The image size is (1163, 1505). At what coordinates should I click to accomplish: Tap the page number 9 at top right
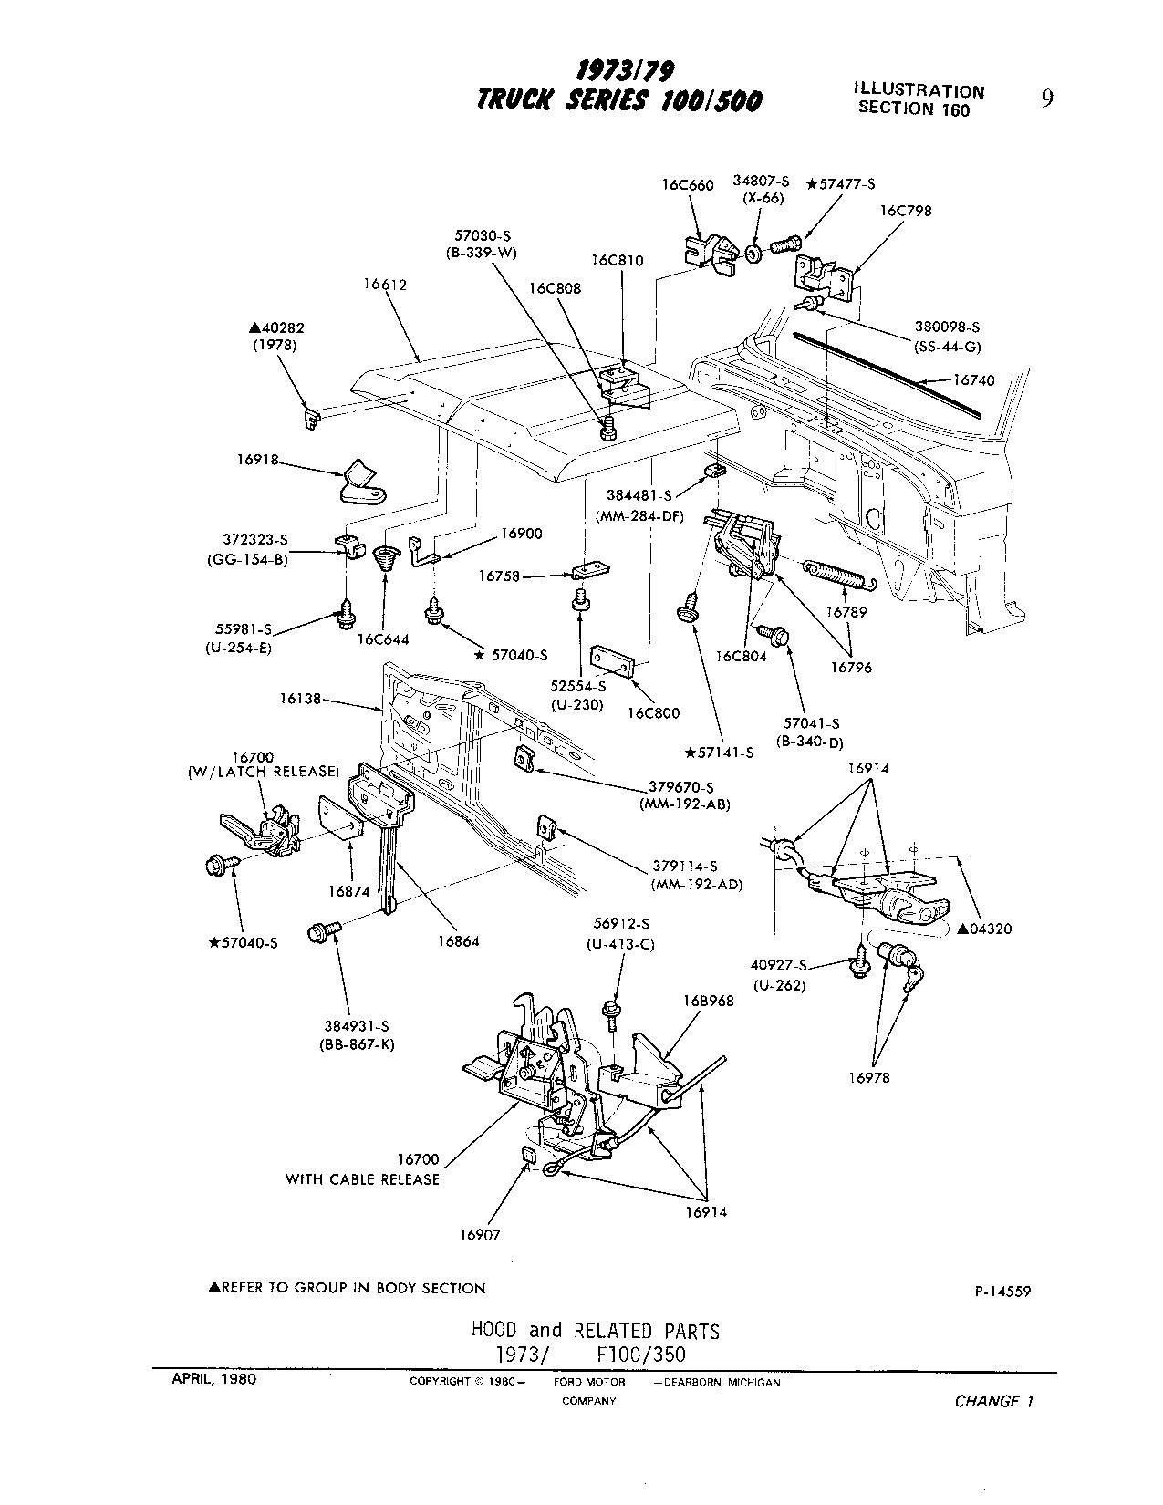pyautogui.click(x=1047, y=99)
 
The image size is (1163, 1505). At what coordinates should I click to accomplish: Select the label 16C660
pyautogui.click(x=688, y=184)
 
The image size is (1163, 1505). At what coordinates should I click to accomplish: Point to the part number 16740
pyautogui.click(x=974, y=380)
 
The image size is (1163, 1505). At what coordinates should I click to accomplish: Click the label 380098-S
pyautogui.click(x=947, y=327)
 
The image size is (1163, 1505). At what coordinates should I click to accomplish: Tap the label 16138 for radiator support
pyautogui.click(x=301, y=701)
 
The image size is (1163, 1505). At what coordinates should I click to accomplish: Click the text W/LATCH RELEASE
pyautogui.click(x=263, y=772)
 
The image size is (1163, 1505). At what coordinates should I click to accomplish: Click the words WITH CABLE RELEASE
pyautogui.click(x=362, y=1179)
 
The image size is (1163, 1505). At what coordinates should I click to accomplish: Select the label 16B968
pyautogui.click(x=708, y=1001)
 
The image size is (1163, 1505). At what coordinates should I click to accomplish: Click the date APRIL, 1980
pyautogui.click(x=214, y=1378)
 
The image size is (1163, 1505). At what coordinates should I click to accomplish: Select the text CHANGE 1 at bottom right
pyautogui.click(x=993, y=1402)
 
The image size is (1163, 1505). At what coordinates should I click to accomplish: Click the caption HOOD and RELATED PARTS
pyautogui.click(x=595, y=1331)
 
